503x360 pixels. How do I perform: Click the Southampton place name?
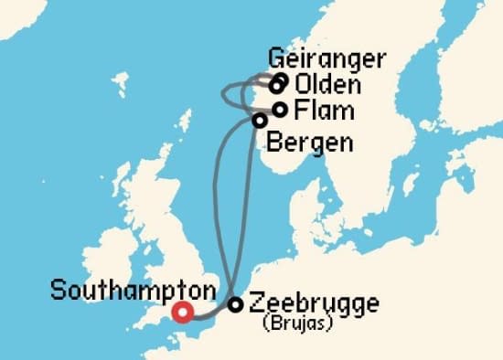tap(133, 291)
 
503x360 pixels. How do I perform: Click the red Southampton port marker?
tap(183, 312)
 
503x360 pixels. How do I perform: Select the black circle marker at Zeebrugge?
tap(235, 305)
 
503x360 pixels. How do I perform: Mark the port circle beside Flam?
tap(281, 110)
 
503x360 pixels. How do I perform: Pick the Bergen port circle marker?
tap(260, 120)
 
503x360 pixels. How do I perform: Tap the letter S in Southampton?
tap(58, 291)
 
